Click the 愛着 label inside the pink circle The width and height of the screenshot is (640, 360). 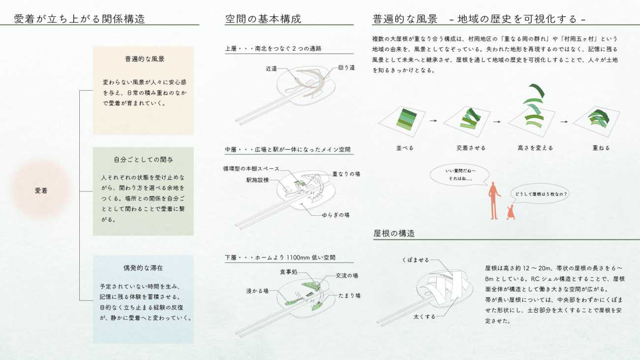pos(41,191)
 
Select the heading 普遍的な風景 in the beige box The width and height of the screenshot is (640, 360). pos(145,59)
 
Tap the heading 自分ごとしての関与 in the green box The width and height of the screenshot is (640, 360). pos(143,160)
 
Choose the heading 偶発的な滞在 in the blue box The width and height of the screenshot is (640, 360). pos(143,268)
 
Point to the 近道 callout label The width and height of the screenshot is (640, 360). pos(271,68)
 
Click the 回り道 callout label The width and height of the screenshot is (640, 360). pos(346,67)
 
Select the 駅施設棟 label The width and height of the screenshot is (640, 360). pos(257,180)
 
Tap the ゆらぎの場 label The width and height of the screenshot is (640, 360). pos(335,215)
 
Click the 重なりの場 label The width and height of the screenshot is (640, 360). pos(346,174)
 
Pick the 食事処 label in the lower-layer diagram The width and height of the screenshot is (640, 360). pos(288,272)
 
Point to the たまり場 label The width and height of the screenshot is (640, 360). pos(349,295)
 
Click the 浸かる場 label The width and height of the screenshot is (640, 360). pos(257,291)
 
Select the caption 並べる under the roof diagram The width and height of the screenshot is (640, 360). pos(405,148)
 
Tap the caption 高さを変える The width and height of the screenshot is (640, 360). pos(536,148)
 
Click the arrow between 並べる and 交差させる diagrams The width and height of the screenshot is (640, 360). pos(433,121)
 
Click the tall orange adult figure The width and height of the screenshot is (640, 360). pos(494,200)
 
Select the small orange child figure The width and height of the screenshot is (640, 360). pos(511,212)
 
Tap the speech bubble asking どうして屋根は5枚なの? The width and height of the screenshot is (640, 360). pos(540,194)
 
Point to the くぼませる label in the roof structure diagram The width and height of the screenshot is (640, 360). pos(416,260)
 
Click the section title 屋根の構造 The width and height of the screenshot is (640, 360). pos(394,233)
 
